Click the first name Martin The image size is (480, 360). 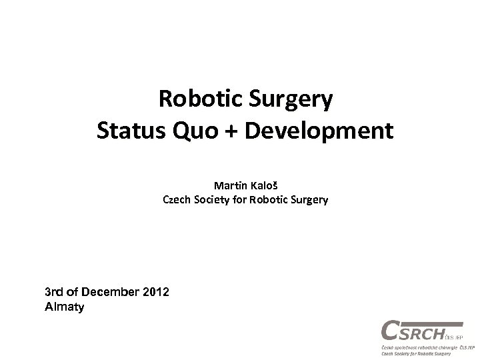pyautogui.click(x=229, y=183)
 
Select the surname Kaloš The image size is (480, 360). pyautogui.click(x=263, y=183)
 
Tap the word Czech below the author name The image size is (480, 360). pyautogui.click(x=177, y=198)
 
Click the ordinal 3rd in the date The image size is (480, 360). pyautogui.click(x=53, y=293)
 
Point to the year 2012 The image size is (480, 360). pyautogui.click(x=155, y=293)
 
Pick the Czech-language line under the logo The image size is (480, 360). pyautogui.click(x=427, y=348)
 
